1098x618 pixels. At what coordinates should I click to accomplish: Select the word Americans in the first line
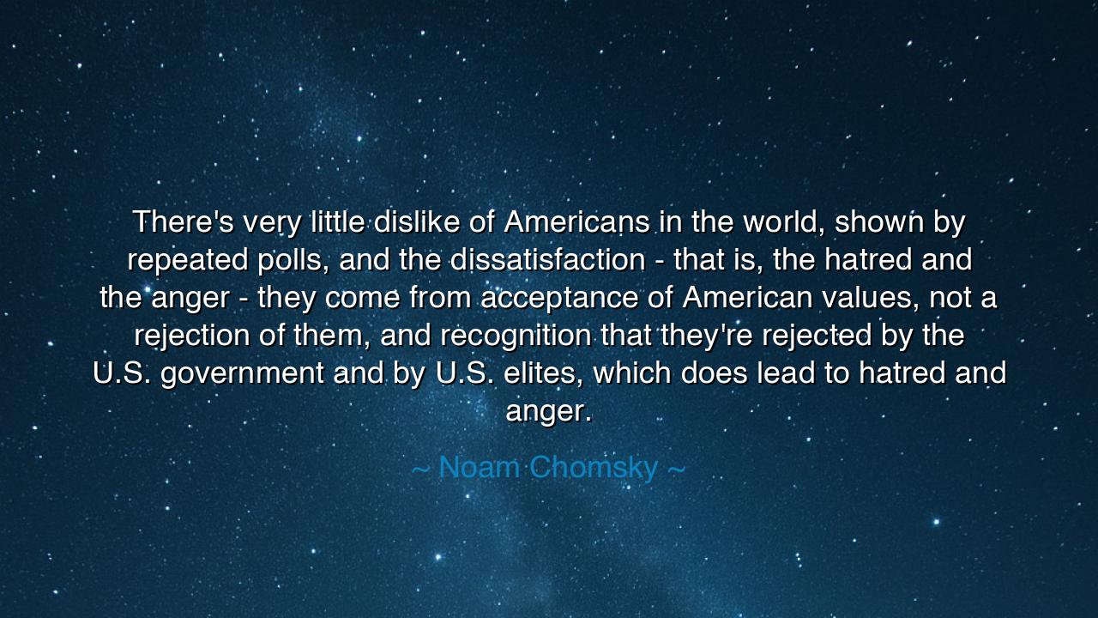coord(576,222)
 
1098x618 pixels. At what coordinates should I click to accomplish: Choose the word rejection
coord(191,336)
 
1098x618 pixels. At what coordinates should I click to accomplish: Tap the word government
coord(243,374)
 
